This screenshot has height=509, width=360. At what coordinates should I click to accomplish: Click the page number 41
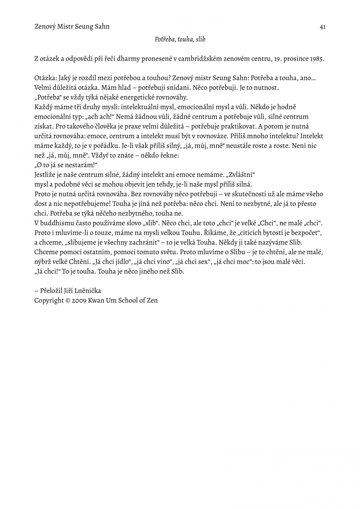[x=323, y=27]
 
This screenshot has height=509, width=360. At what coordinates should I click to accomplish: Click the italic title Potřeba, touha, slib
[x=180, y=39]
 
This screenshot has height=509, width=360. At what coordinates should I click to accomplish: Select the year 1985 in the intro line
[x=317, y=59]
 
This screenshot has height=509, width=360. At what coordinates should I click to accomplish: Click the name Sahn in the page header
[x=102, y=27]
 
